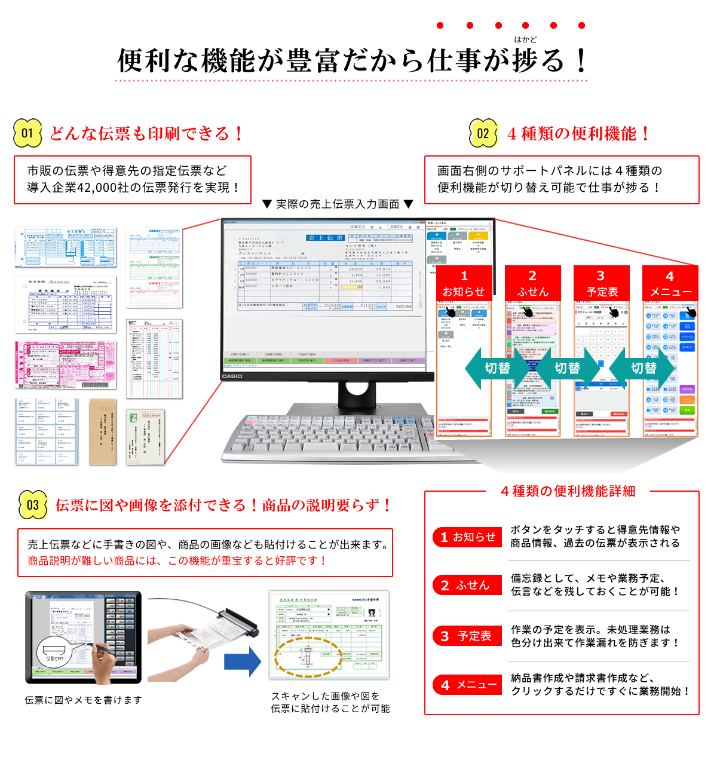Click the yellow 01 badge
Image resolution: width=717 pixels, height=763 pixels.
tap(27, 133)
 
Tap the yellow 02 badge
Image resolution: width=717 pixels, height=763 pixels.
tap(483, 133)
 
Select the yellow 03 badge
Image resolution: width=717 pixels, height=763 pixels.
tap(33, 505)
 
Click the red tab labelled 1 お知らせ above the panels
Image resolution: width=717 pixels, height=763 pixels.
tap(464, 283)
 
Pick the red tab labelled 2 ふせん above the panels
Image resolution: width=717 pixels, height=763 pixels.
tap(532, 283)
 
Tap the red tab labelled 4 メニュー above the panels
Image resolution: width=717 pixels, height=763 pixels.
tap(670, 283)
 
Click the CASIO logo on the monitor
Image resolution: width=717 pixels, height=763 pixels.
tap(232, 376)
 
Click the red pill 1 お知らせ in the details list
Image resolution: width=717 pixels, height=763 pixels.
tap(467, 537)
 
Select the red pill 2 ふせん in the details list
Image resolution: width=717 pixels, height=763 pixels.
tap(467, 586)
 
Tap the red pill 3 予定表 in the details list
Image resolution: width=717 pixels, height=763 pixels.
tap(467, 636)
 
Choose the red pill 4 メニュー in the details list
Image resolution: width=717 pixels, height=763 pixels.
tap(467, 685)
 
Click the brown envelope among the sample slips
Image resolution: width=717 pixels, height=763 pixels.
tap(102, 431)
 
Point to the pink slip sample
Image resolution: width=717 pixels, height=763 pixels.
tap(66, 364)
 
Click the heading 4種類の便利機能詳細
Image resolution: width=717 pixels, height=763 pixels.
tap(568, 491)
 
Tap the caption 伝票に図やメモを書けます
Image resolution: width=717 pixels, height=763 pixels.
tap(83, 700)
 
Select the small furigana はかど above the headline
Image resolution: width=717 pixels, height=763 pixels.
tap(525, 39)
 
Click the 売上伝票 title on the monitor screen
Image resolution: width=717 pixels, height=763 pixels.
tap(325, 238)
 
